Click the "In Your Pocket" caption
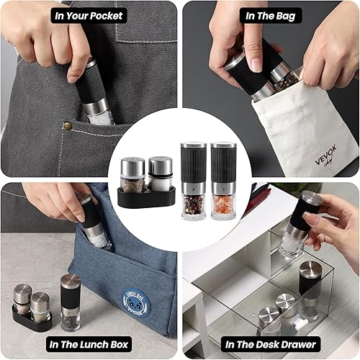coord(89,14)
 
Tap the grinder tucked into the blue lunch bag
coord(96,223)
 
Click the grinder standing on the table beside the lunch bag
coord(70,302)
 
